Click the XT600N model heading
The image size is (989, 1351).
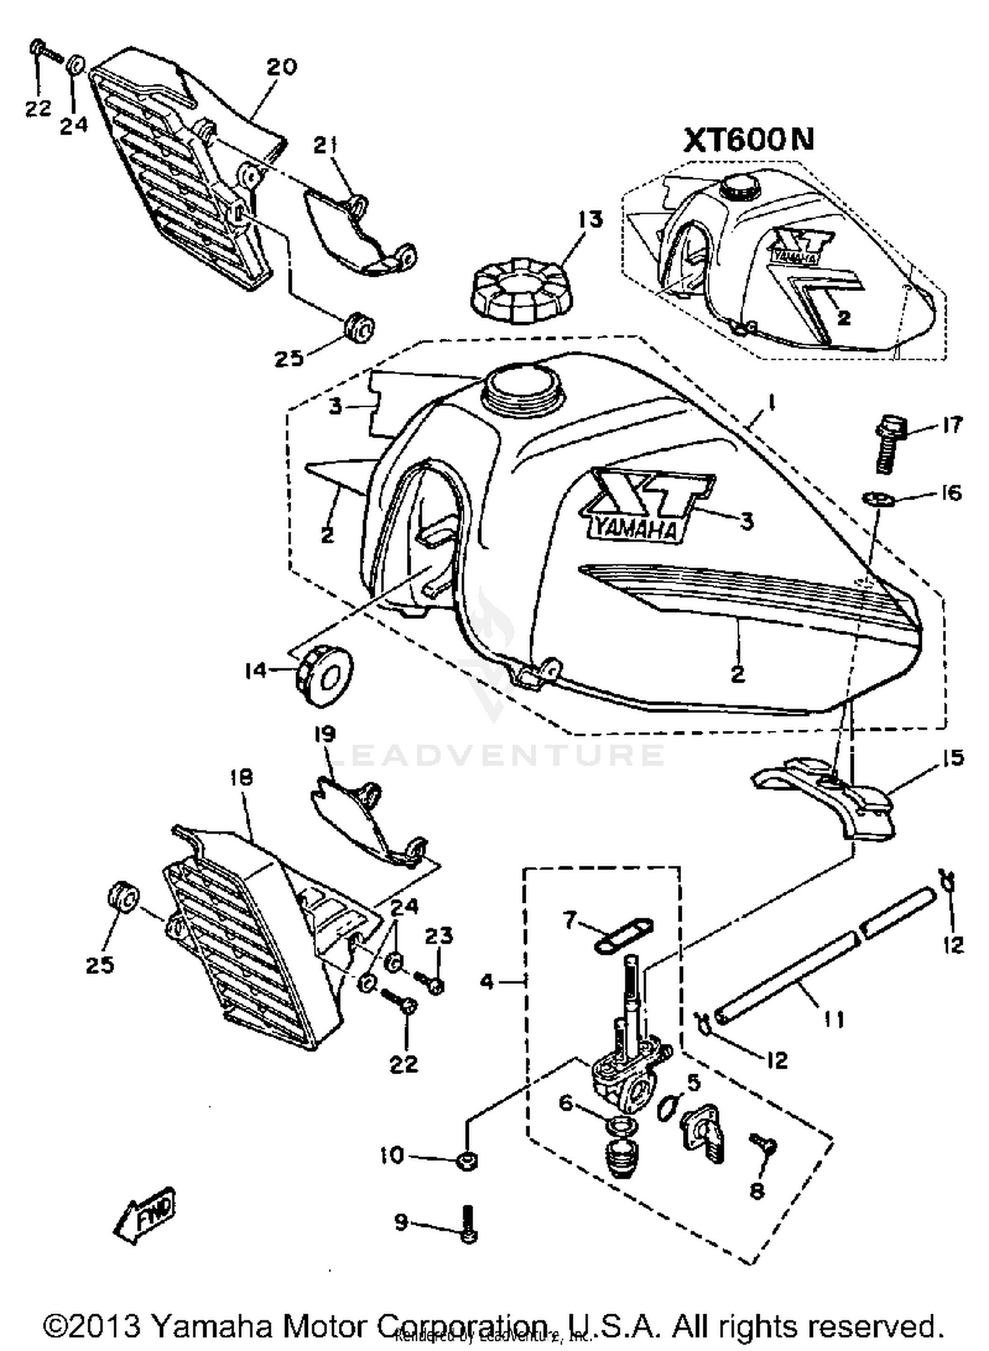[748, 139]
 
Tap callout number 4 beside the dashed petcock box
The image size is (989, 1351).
[487, 983]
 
